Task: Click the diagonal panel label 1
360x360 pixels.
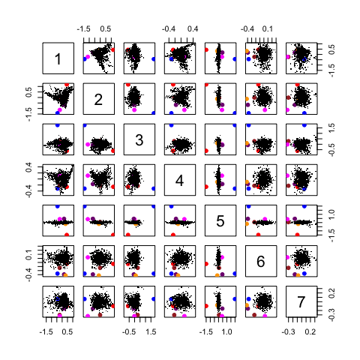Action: (x=58, y=58)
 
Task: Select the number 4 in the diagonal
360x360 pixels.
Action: (x=179, y=179)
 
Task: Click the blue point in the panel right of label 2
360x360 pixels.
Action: (x=154, y=113)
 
